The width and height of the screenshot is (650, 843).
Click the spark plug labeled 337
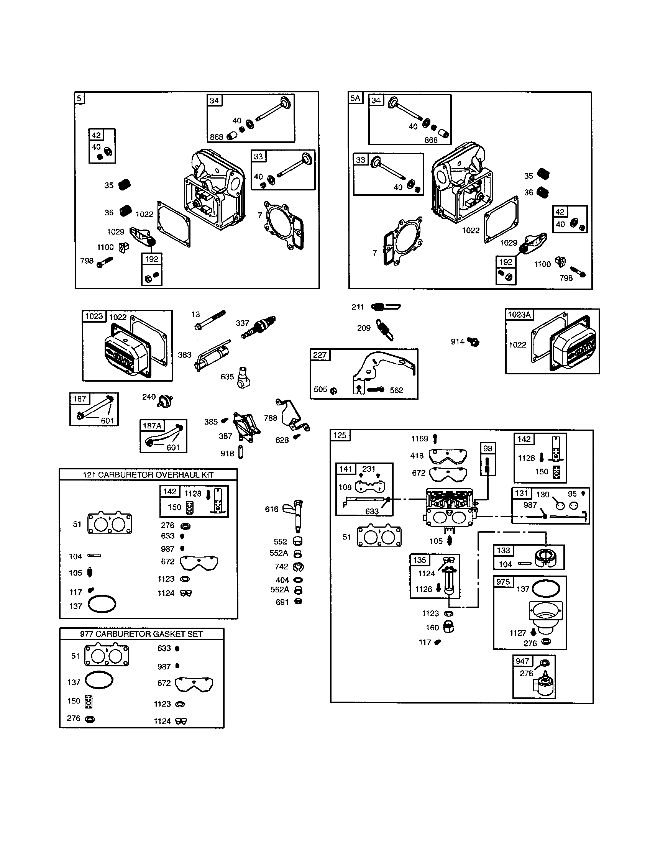(259, 326)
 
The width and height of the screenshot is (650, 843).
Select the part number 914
(457, 341)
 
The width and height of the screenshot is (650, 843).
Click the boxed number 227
(320, 355)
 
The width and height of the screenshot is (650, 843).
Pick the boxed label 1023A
(519, 315)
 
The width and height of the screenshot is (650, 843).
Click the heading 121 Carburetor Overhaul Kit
(148, 475)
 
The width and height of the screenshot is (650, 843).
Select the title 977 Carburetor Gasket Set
(141, 634)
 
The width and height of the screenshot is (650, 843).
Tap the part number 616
(271, 509)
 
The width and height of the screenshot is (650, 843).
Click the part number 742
(281, 566)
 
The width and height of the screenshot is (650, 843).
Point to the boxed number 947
(522, 661)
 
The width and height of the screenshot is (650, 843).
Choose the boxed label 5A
(355, 98)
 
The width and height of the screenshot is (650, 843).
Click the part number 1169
(420, 438)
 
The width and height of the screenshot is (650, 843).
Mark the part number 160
(432, 628)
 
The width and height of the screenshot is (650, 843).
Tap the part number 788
(270, 418)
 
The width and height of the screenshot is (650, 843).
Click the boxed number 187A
(152, 426)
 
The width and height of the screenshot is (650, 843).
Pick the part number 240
(149, 397)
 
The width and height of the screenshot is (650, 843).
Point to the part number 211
(358, 307)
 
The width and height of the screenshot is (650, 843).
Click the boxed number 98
(487, 448)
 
